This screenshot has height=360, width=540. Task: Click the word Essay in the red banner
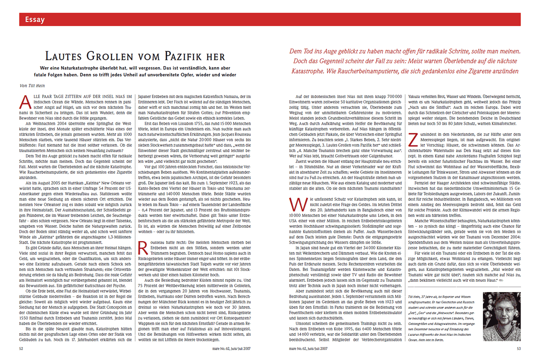[35, 19]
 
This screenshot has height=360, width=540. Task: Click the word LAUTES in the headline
[69, 56]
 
